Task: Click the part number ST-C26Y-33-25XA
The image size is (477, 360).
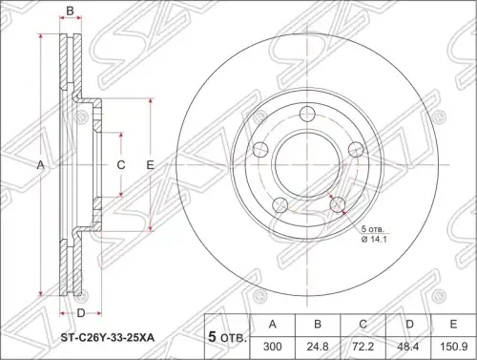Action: [x=108, y=338]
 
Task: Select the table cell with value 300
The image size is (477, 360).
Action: [x=273, y=347]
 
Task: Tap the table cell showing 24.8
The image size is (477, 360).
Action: [x=318, y=347]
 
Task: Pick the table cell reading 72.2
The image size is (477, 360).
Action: [x=363, y=347]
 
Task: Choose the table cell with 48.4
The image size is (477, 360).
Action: [x=408, y=347]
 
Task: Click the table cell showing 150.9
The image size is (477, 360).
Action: [x=453, y=347]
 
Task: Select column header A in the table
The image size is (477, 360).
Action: [x=273, y=325]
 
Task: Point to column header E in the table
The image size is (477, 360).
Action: [x=453, y=325]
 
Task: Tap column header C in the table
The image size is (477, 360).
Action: [x=363, y=325]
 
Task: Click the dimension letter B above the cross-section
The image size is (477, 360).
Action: [x=70, y=11]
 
